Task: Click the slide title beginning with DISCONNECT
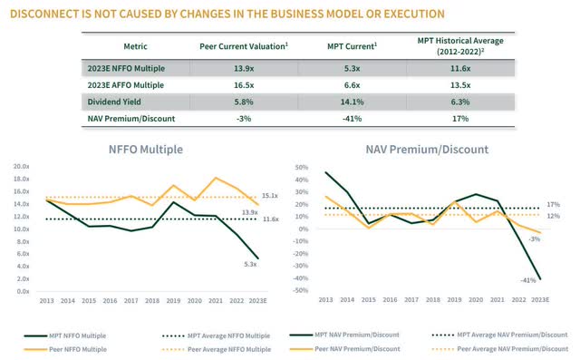227,15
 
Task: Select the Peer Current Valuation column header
242,45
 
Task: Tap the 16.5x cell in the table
242,85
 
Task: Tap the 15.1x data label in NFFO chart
271,196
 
